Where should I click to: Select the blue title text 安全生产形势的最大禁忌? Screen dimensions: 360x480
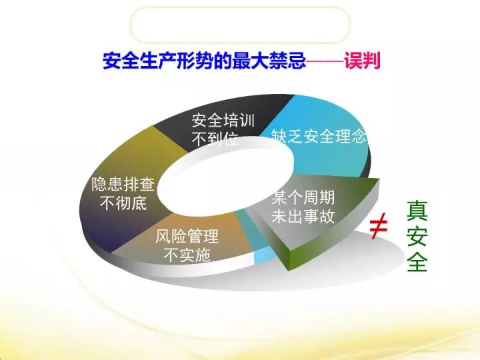[x=204, y=62]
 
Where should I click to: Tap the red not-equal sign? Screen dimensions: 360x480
[x=379, y=227]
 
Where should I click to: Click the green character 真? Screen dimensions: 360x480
[x=417, y=209]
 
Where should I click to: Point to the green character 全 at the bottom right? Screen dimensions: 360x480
[x=417, y=262]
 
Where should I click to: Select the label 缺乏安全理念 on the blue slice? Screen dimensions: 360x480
[x=319, y=138]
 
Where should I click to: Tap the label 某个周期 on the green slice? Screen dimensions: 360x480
[x=303, y=198]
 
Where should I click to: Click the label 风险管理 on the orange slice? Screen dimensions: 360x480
[x=187, y=237]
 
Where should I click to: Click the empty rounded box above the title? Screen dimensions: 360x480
[x=240, y=25]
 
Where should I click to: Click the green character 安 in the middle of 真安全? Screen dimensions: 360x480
[x=417, y=235]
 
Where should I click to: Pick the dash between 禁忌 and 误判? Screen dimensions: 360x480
[x=324, y=62]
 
